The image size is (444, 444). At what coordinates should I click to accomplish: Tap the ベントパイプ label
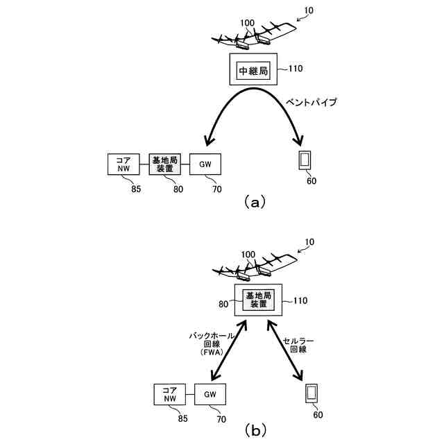click(311, 102)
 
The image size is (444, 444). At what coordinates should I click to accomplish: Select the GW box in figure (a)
click(205, 164)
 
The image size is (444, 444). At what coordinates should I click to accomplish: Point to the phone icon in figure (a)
click(303, 160)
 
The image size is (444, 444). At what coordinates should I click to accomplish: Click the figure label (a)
click(252, 202)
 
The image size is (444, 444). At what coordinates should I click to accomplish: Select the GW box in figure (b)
click(212, 394)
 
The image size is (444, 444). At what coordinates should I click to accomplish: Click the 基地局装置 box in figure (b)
click(257, 300)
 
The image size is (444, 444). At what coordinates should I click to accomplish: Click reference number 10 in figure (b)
click(309, 242)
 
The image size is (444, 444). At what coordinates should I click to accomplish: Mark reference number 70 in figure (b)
click(221, 418)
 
